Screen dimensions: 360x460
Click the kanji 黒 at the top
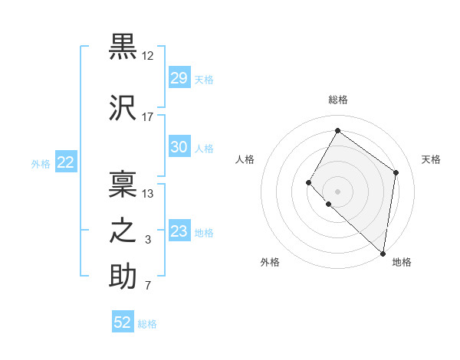click(x=123, y=47)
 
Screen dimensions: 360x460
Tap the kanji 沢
click(x=123, y=106)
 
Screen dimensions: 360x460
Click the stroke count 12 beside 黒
click(x=148, y=56)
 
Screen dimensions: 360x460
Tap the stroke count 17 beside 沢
click(x=148, y=116)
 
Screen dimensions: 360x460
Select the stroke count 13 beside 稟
click(x=148, y=193)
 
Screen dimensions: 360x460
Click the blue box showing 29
click(x=179, y=78)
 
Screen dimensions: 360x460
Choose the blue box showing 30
click(x=179, y=147)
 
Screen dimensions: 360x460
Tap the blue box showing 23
click(x=179, y=231)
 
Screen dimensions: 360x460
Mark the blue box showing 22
click(x=66, y=162)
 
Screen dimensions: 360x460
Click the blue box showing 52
click(x=123, y=322)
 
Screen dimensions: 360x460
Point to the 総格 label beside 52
click(x=147, y=324)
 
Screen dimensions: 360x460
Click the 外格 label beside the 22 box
click(x=41, y=163)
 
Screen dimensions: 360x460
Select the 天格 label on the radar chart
click(x=431, y=159)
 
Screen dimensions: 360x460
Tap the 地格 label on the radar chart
click(x=402, y=262)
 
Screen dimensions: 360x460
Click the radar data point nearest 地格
click(x=383, y=253)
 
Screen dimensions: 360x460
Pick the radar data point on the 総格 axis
click(x=337, y=130)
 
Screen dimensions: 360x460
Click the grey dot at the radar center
click(x=337, y=191)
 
